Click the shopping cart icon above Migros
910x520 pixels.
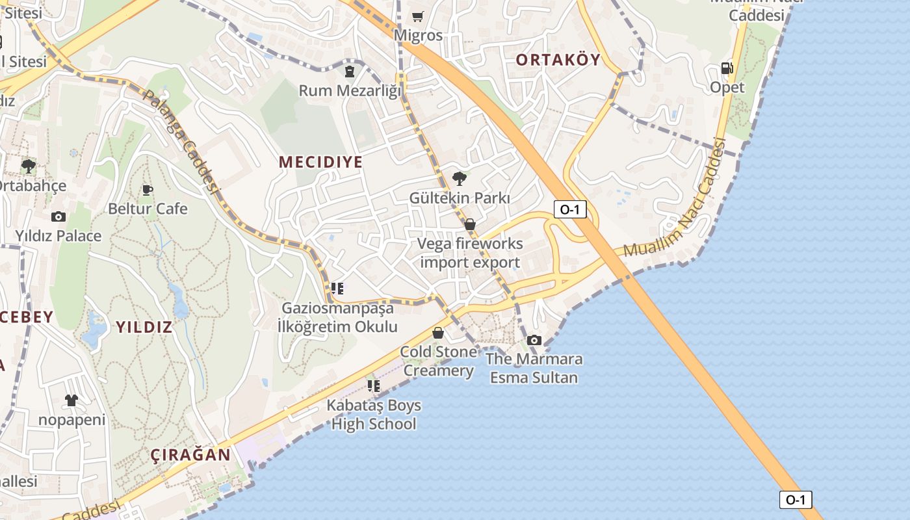(x=417, y=16)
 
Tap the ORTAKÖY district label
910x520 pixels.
(x=558, y=60)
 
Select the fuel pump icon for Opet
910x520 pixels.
(x=727, y=68)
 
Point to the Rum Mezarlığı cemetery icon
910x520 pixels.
(x=350, y=71)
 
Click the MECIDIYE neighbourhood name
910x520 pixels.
(x=320, y=162)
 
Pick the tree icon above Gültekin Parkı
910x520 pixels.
(x=460, y=178)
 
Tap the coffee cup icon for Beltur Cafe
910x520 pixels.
(x=148, y=190)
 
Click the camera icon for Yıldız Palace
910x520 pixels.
(x=58, y=216)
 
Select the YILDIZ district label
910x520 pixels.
(x=144, y=327)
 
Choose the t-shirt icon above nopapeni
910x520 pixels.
(x=71, y=400)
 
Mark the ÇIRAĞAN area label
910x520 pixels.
(x=191, y=455)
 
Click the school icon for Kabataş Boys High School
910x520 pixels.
(x=374, y=386)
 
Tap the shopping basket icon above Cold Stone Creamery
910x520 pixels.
(x=438, y=333)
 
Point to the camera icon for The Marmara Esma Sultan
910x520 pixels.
(x=534, y=340)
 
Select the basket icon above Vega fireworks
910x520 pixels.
(x=470, y=224)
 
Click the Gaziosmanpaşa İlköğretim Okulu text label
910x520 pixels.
(x=337, y=317)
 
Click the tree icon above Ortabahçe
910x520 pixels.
(x=28, y=166)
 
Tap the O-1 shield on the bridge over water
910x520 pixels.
(x=796, y=500)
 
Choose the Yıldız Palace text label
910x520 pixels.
(x=58, y=236)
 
